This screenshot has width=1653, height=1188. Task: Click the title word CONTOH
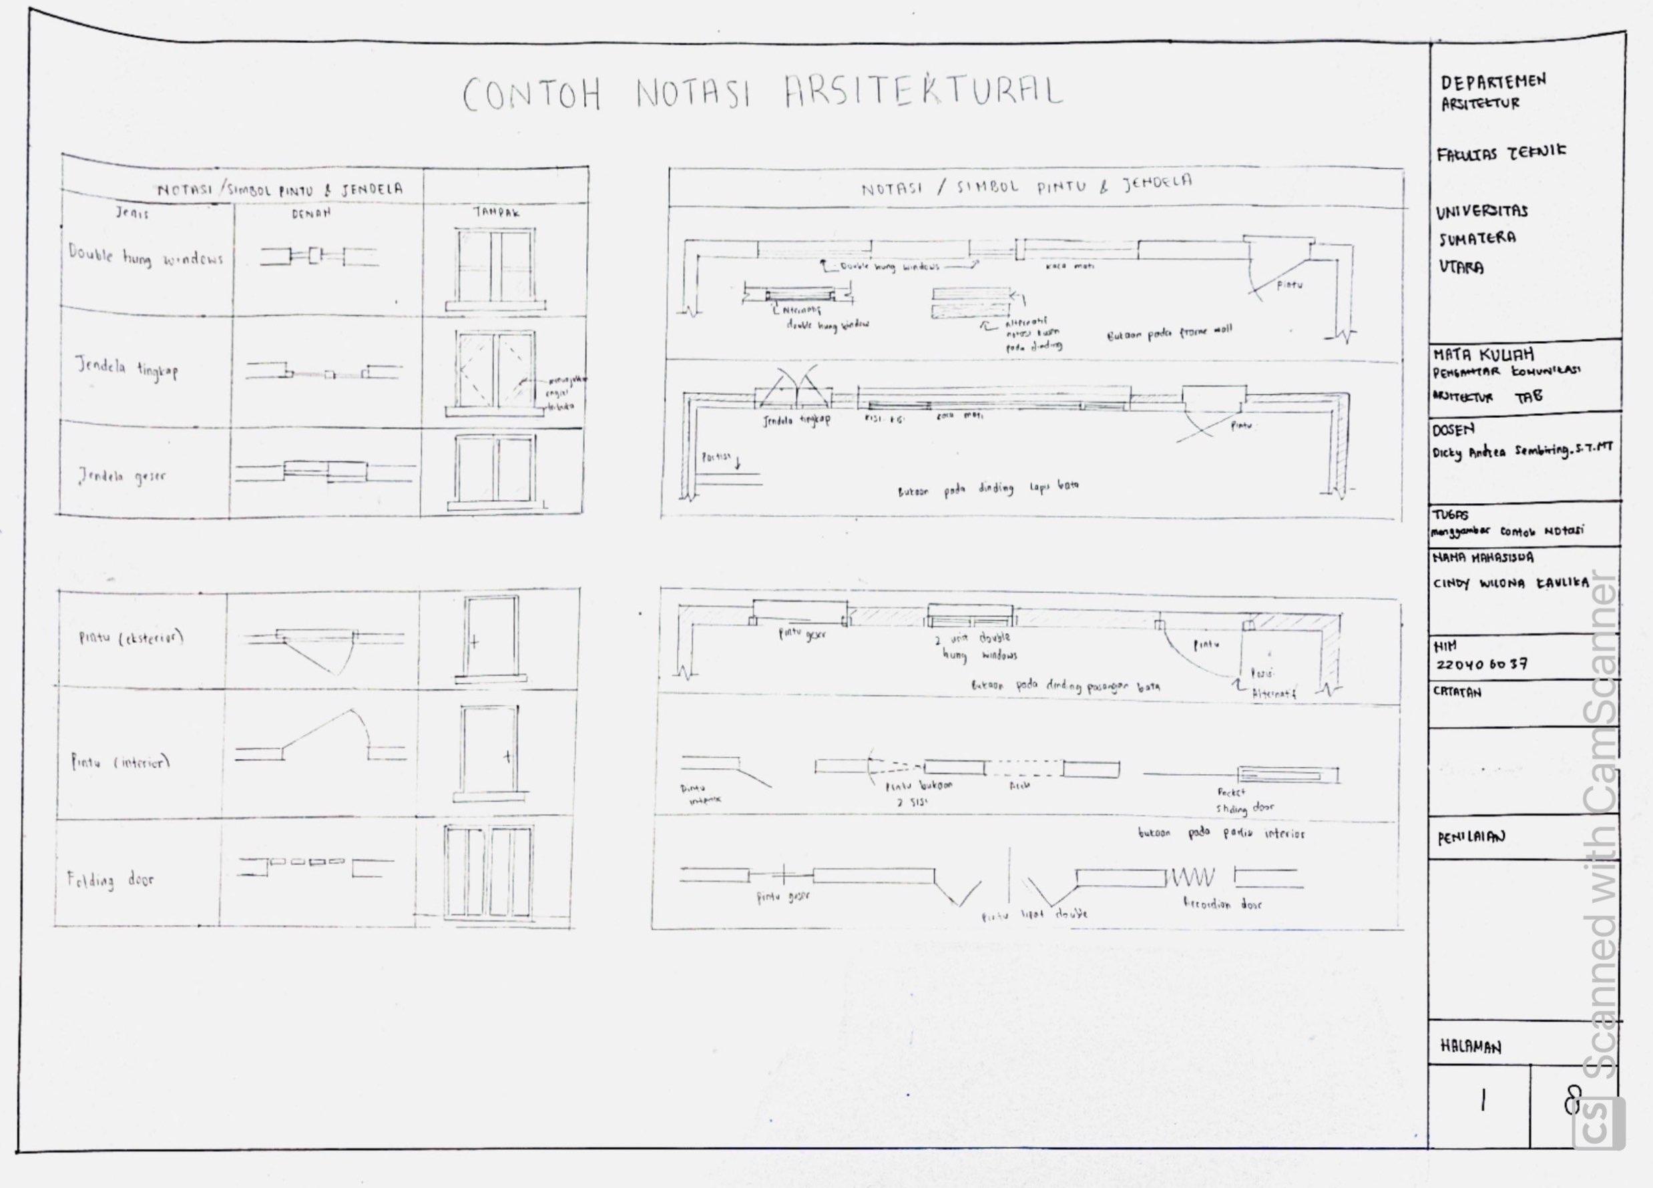pos(531,95)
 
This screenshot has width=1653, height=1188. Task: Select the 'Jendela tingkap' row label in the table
pos(127,368)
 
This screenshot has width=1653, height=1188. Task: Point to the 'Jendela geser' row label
pos(122,477)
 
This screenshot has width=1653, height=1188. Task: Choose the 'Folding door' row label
pos(110,880)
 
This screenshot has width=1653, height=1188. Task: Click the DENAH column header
pos(311,214)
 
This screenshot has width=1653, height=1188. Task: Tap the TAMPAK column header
pos(496,212)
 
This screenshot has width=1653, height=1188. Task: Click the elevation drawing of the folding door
pos(489,872)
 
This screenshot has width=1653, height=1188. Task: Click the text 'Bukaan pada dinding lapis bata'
pos(987,489)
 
